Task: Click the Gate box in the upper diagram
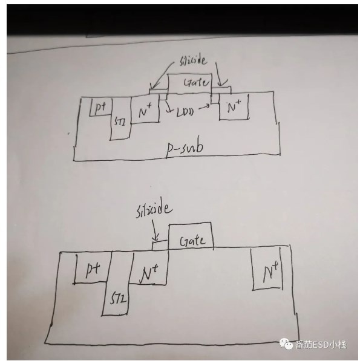[x=189, y=84]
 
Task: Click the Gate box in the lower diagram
[x=191, y=236]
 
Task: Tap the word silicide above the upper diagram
[x=193, y=60]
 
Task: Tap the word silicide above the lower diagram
[x=154, y=210]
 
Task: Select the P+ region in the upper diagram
[x=101, y=107]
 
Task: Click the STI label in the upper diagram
[x=120, y=121]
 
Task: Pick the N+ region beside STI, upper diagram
[x=145, y=109]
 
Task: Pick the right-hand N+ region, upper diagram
[x=234, y=106]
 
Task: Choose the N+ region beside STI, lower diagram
[x=149, y=268]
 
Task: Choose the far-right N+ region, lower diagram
[x=267, y=269]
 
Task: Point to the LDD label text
[x=185, y=112]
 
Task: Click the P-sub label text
[x=185, y=149]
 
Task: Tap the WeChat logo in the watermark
[x=286, y=344]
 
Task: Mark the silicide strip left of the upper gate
[x=159, y=92]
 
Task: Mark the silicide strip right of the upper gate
[x=221, y=90]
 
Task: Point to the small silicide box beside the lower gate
[x=160, y=245]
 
